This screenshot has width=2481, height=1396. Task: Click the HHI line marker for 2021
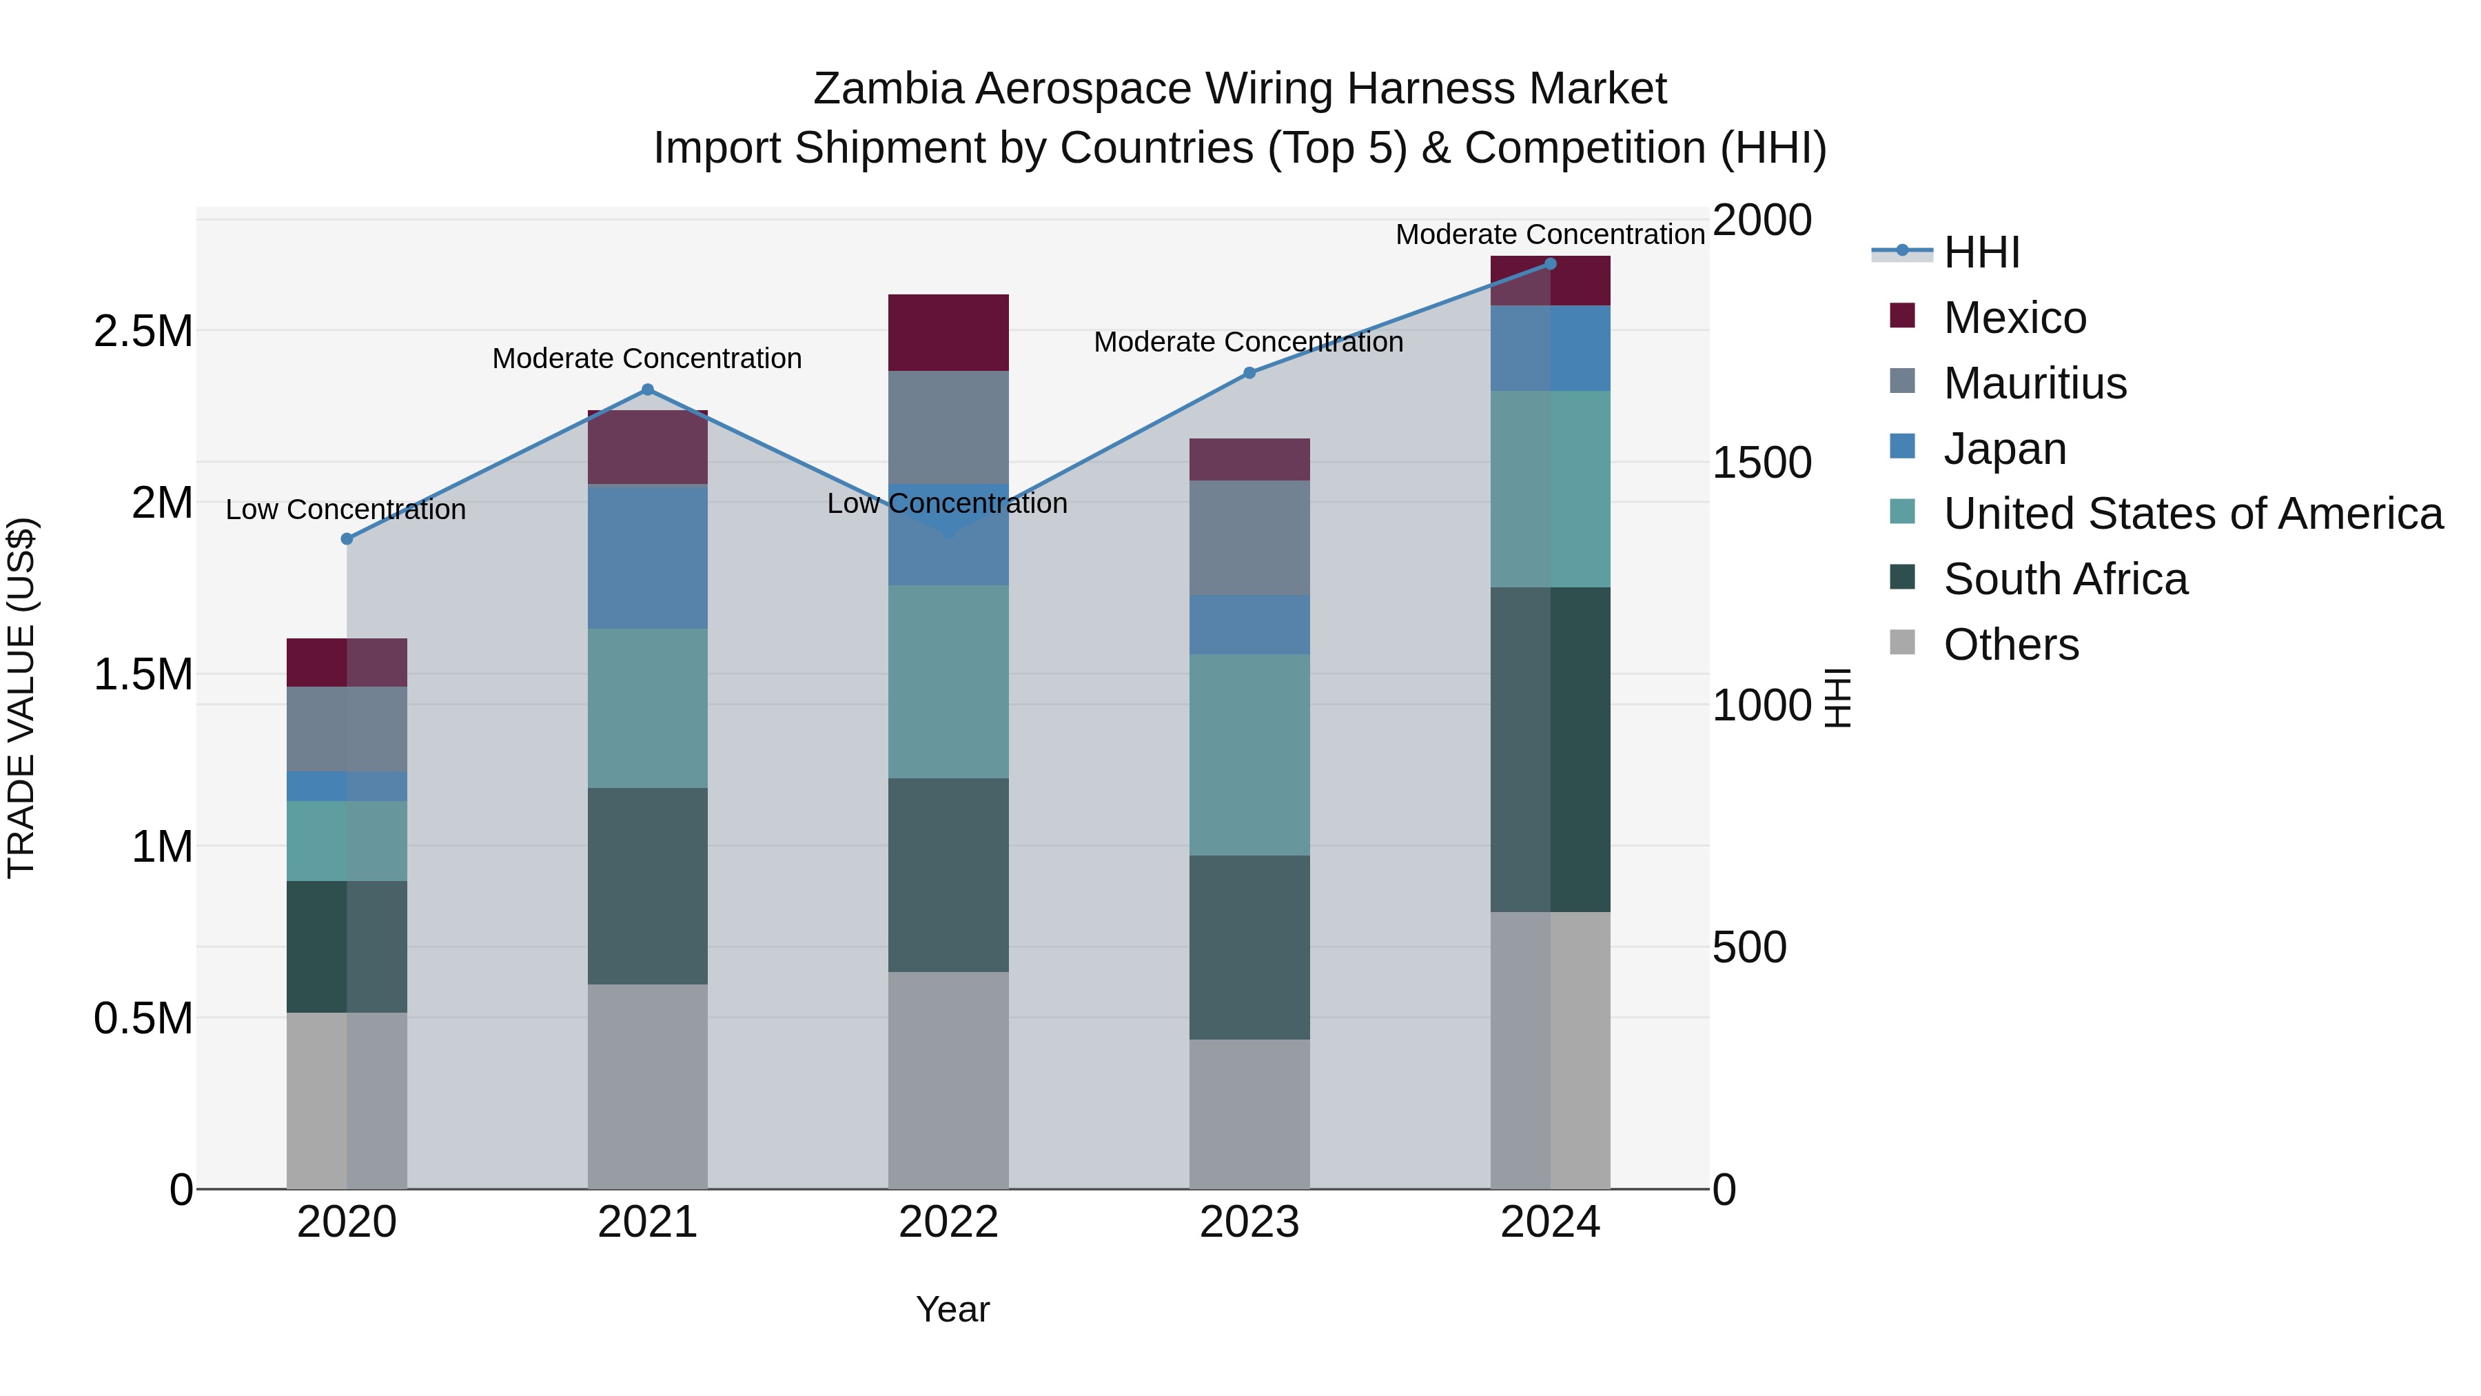pyautogui.click(x=647, y=390)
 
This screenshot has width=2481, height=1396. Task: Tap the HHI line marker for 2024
pyautogui.click(x=1550, y=264)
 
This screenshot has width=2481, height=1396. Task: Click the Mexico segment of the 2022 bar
pyautogui.click(x=948, y=332)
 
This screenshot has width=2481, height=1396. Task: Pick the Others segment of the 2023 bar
pyautogui.click(x=1249, y=1114)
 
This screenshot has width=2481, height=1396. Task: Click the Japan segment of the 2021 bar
pyautogui.click(x=647, y=557)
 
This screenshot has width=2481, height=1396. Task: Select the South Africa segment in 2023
pyautogui.click(x=1249, y=947)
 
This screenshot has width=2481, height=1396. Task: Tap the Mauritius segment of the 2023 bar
pyautogui.click(x=1249, y=538)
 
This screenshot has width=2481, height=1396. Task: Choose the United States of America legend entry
pyautogui.click(x=2192, y=514)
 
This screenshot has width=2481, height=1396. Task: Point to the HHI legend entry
pyautogui.click(x=1980, y=252)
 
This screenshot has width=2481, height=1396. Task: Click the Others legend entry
pyautogui.click(x=2010, y=645)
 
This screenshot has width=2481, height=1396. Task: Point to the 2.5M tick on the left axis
pyautogui.click(x=143, y=332)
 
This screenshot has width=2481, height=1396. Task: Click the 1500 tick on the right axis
pyautogui.click(x=1762, y=463)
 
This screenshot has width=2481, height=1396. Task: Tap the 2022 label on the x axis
pyautogui.click(x=948, y=1222)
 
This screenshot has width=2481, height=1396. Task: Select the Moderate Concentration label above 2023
pyautogui.click(x=1248, y=342)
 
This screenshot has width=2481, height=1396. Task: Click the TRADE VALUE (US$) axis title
pyautogui.click(x=21, y=698)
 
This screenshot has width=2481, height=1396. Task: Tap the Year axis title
pyautogui.click(x=952, y=1309)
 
